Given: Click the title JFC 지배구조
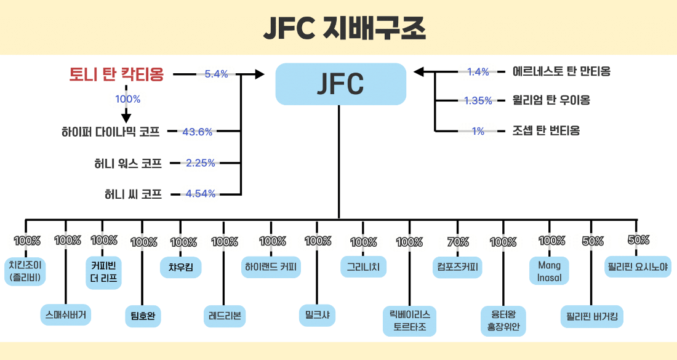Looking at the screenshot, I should (338, 28).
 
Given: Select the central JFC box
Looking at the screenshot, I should (340, 84).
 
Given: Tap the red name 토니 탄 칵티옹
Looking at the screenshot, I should (116, 74).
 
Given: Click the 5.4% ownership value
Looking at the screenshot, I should (216, 74).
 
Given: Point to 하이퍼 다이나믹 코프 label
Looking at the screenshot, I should (111, 131).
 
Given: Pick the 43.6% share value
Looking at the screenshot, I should (198, 131).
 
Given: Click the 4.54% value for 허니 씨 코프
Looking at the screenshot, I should (201, 194).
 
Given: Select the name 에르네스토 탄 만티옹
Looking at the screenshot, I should (561, 71).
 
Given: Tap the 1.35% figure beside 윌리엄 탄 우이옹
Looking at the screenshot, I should (478, 100).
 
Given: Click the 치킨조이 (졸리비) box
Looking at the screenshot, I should (25, 270).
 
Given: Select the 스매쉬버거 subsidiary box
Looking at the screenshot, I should (65, 314).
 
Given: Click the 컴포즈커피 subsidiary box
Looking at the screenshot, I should (457, 267).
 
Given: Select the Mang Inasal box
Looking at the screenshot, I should (549, 271).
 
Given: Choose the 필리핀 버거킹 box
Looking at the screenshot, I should (592, 317).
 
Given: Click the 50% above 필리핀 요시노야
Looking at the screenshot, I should (638, 241).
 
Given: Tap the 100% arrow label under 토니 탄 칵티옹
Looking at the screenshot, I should (127, 98).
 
